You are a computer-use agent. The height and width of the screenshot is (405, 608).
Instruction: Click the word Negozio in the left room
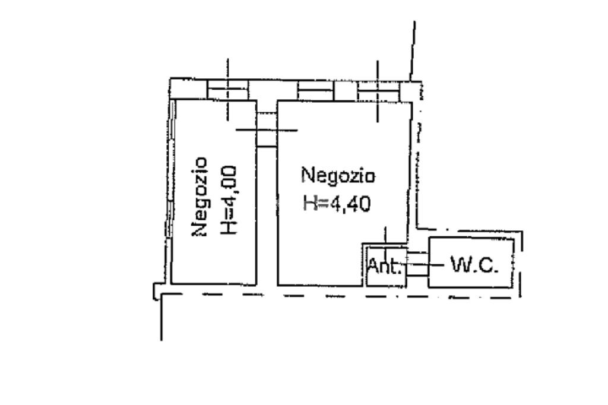click(x=201, y=197)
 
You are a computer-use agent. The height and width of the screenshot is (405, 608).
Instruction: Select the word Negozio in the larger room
click(x=338, y=176)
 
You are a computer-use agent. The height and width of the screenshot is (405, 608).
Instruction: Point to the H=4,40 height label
click(x=337, y=204)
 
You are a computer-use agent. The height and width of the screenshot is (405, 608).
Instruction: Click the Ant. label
click(x=385, y=265)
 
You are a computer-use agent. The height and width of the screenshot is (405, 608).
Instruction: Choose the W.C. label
click(x=474, y=264)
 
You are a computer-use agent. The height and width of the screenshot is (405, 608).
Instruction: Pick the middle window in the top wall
click(x=315, y=91)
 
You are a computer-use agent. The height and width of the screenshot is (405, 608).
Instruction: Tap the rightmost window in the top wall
click(x=378, y=91)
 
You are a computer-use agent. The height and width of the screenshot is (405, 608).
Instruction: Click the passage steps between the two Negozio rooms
click(x=267, y=131)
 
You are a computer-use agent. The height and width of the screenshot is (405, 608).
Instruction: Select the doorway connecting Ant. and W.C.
click(x=417, y=264)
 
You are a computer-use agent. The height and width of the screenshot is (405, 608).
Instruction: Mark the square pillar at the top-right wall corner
click(x=409, y=90)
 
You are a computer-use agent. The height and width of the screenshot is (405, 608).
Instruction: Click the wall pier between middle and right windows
click(x=346, y=91)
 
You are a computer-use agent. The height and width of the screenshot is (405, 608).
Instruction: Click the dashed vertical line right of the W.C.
click(x=522, y=264)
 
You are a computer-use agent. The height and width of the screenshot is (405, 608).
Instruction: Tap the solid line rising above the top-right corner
click(x=411, y=50)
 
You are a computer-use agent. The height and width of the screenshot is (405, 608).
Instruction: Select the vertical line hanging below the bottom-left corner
click(x=161, y=321)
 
